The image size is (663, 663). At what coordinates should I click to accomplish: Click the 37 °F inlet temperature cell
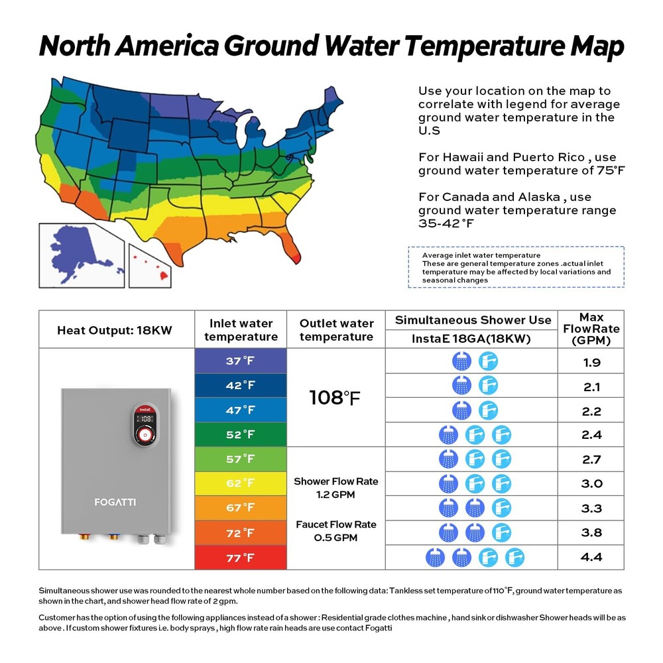coord(240,361)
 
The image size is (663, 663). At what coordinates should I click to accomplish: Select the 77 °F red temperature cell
coord(240,558)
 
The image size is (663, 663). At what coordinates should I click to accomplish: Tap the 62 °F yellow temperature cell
coord(240,483)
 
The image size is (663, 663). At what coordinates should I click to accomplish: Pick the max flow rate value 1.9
coord(591,362)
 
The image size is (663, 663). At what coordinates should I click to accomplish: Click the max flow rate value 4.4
coord(591,558)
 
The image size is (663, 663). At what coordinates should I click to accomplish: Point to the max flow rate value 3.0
coord(591,483)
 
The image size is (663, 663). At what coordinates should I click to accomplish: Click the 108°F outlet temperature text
coord(335,398)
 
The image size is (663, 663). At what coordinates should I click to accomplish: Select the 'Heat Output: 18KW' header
coord(115,330)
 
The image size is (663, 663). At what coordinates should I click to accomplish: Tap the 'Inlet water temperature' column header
coord(240,330)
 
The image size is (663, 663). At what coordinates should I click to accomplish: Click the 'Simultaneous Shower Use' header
coord(473,320)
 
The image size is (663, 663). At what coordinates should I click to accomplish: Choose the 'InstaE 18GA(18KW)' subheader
coord(473,338)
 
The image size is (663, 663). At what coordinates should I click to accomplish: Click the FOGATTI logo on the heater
coord(115,502)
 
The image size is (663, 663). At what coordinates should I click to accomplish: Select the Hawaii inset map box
coord(154,255)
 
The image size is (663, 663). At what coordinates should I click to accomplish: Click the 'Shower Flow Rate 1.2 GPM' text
coord(335,487)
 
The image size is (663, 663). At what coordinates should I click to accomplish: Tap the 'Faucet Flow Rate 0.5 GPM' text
coord(335,530)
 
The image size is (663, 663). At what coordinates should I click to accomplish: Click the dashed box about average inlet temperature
coord(516,267)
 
